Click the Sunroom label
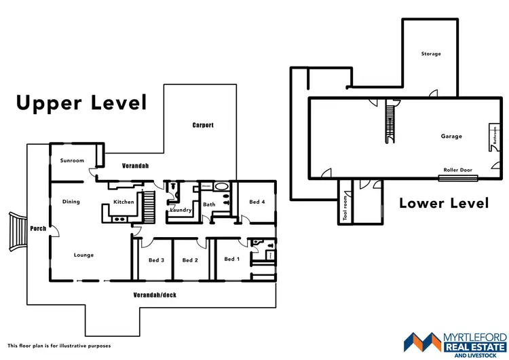click(73, 161)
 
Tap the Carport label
click(203, 125)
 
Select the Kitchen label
click(124, 202)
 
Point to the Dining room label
click(71, 202)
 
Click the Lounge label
click(83, 255)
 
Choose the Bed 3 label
click(156, 260)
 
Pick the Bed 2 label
click(191, 260)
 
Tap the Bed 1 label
click(231, 259)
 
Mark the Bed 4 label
click(257, 202)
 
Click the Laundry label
click(180, 210)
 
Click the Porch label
click(38, 228)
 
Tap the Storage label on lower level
click(430, 54)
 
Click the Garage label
click(451, 137)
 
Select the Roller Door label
click(458, 170)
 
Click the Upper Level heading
click(81, 103)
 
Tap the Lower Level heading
click(444, 202)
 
